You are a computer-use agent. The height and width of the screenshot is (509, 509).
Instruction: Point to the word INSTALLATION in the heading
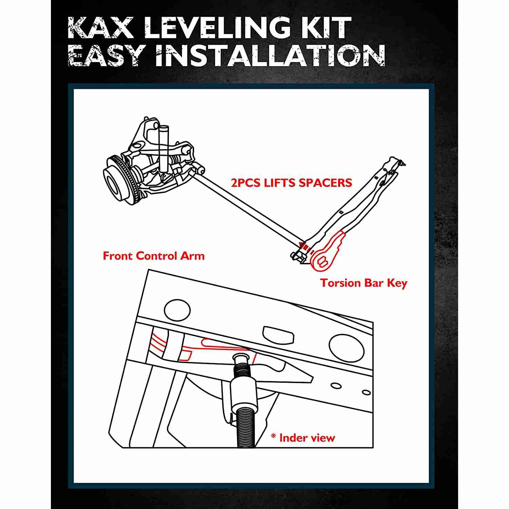point(270,55)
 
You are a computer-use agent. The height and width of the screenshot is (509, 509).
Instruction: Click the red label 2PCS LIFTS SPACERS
point(291,183)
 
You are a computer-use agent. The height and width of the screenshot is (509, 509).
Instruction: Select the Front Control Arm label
point(154,256)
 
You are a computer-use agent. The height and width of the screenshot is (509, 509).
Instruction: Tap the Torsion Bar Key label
point(363,283)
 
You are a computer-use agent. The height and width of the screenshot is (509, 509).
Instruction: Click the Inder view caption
point(307,438)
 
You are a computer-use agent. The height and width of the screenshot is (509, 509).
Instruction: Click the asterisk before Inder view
point(273,437)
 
